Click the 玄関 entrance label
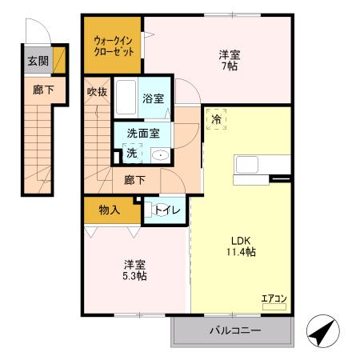[x=37, y=61]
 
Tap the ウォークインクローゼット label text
[x=113, y=44]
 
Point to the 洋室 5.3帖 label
[x=134, y=270]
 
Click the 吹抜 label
[x=97, y=91]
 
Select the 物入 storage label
[x=110, y=210]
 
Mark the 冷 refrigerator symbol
[x=217, y=119]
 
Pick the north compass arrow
[x=322, y=330]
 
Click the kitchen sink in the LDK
[x=246, y=166]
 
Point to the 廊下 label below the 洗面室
[x=134, y=181]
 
